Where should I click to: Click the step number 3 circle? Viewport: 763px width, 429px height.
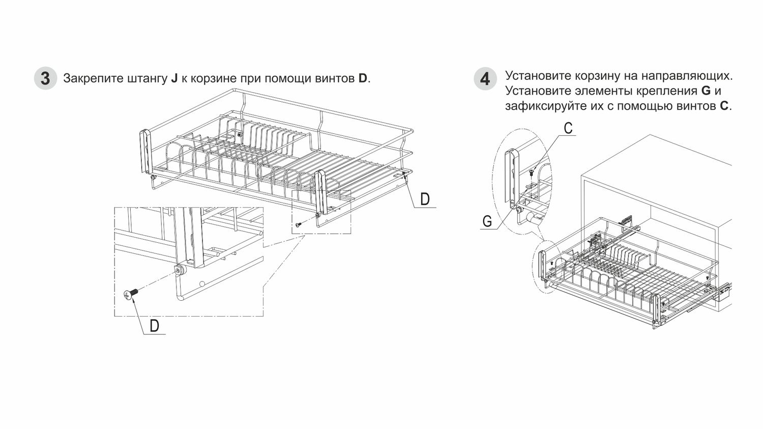[45, 78]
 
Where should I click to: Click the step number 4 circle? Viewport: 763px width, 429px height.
[485, 79]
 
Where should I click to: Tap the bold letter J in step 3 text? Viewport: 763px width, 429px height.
[174, 78]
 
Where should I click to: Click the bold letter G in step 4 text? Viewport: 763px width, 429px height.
[706, 91]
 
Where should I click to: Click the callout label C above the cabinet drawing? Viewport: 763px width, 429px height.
[568, 128]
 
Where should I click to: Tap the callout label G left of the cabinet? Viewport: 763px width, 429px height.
[487, 221]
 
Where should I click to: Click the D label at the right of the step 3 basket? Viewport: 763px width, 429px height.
[425, 199]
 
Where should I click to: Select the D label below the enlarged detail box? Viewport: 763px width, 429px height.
[154, 326]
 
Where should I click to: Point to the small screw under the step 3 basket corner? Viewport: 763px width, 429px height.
[298, 224]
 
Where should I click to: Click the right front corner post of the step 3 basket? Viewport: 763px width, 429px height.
[320, 192]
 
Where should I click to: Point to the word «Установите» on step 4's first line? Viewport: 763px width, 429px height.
[538, 76]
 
